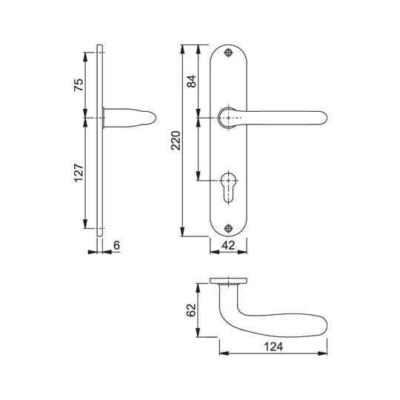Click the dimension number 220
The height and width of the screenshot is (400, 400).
click(x=176, y=140)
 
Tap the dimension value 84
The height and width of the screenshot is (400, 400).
click(x=191, y=81)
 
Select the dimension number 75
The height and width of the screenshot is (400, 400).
click(x=79, y=85)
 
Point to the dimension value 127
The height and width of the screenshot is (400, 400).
click(x=79, y=172)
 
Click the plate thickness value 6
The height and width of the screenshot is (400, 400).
click(x=116, y=245)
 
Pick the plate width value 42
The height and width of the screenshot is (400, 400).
click(x=228, y=245)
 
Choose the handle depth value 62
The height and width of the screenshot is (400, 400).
click(x=191, y=310)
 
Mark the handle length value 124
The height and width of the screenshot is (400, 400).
click(x=273, y=347)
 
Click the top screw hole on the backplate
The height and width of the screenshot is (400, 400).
click(x=228, y=53)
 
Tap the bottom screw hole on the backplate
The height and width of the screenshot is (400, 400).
click(x=228, y=228)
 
